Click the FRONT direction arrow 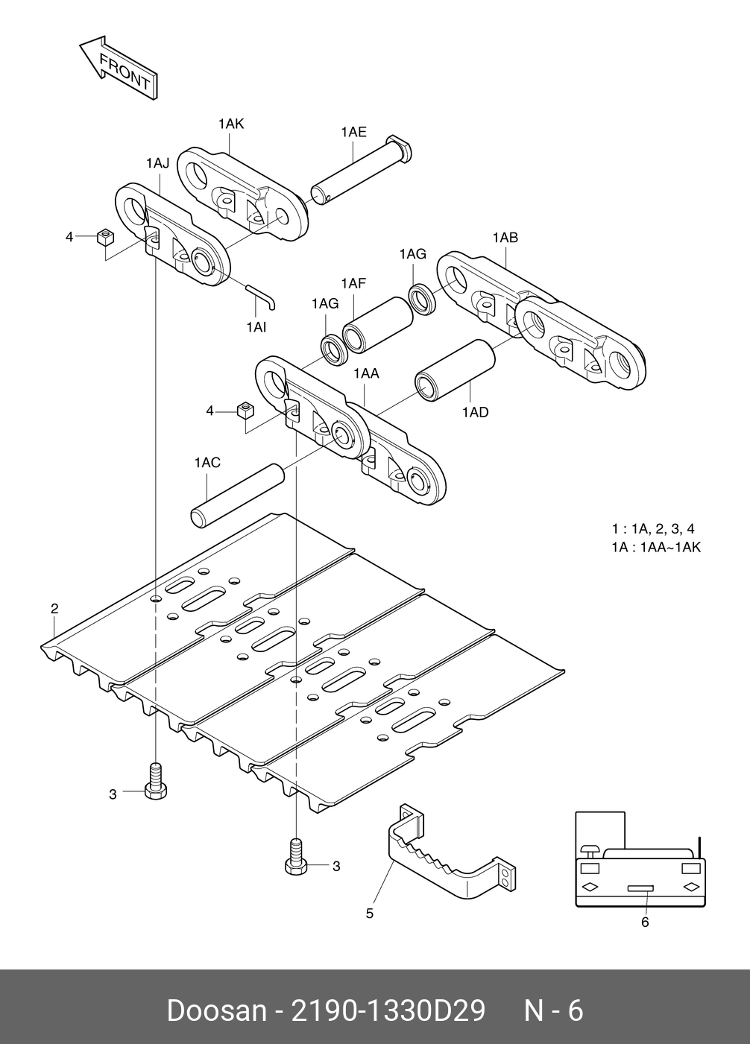tap(119, 66)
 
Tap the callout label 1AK tap(231, 124)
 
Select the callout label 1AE tap(353, 132)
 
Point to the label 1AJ tap(157, 162)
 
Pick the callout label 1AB tap(505, 238)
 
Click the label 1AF tap(353, 283)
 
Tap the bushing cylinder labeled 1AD tap(455, 369)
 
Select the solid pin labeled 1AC tap(237, 495)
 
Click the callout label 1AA tap(366, 373)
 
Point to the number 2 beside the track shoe tap(54, 609)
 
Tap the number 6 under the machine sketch tap(645, 923)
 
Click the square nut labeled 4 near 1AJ tap(106, 238)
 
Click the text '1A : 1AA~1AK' tap(655, 548)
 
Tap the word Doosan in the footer tap(217, 1011)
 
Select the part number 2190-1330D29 tap(388, 1011)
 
